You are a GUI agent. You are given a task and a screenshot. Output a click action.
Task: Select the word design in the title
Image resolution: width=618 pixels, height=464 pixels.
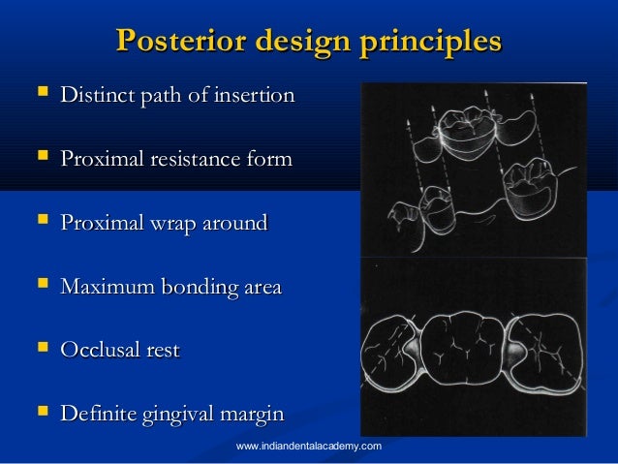tap(292, 42)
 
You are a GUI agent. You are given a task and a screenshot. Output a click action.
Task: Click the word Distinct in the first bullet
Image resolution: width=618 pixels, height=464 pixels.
tap(95, 97)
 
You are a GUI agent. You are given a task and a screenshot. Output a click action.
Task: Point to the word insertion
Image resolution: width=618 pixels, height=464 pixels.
tap(255, 97)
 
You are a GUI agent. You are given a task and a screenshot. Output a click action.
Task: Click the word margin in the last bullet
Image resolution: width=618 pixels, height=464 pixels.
tap(253, 415)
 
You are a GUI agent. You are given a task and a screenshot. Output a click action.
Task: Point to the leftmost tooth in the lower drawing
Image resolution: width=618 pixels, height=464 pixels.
tap(390, 354)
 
